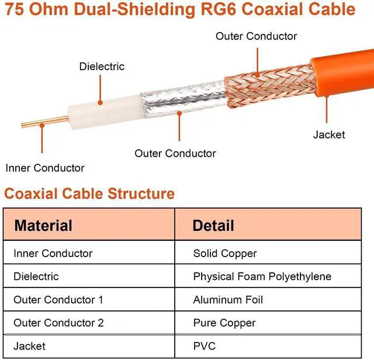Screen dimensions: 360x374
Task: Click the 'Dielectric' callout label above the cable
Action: [x=102, y=67]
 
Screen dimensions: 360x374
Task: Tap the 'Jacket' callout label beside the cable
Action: [x=329, y=135]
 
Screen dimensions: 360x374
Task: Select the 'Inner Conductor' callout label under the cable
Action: [x=45, y=168]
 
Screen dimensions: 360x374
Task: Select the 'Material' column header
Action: [x=43, y=226]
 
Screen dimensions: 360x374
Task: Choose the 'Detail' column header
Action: [x=213, y=226]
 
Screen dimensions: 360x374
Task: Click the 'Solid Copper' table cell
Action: [x=225, y=254]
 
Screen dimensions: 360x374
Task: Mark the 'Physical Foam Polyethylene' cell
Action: [x=262, y=276]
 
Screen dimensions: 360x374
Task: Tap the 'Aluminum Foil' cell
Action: [x=228, y=300]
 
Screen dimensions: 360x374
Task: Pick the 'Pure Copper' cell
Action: [x=224, y=323]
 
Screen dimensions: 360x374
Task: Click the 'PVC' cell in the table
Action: [x=205, y=346]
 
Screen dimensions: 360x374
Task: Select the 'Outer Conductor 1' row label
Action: [x=58, y=300]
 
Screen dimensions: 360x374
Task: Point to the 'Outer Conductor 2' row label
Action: [x=58, y=323]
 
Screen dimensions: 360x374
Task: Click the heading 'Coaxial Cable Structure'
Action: [x=89, y=193]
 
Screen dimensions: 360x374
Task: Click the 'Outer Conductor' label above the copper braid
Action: [x=256, y=36]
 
